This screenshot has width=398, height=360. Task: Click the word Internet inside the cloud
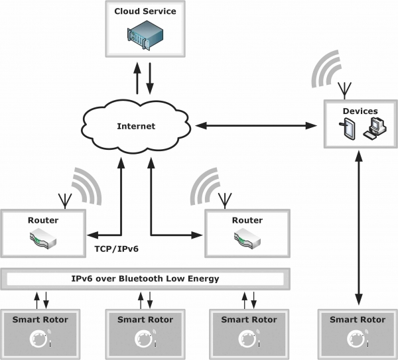pos(136,126)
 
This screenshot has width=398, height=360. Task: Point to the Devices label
pos(360,111)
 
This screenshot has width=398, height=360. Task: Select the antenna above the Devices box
pos(344,90)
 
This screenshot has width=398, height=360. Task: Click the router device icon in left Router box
pos(43,239)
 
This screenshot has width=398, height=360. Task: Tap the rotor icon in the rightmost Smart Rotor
pos(357,339)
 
